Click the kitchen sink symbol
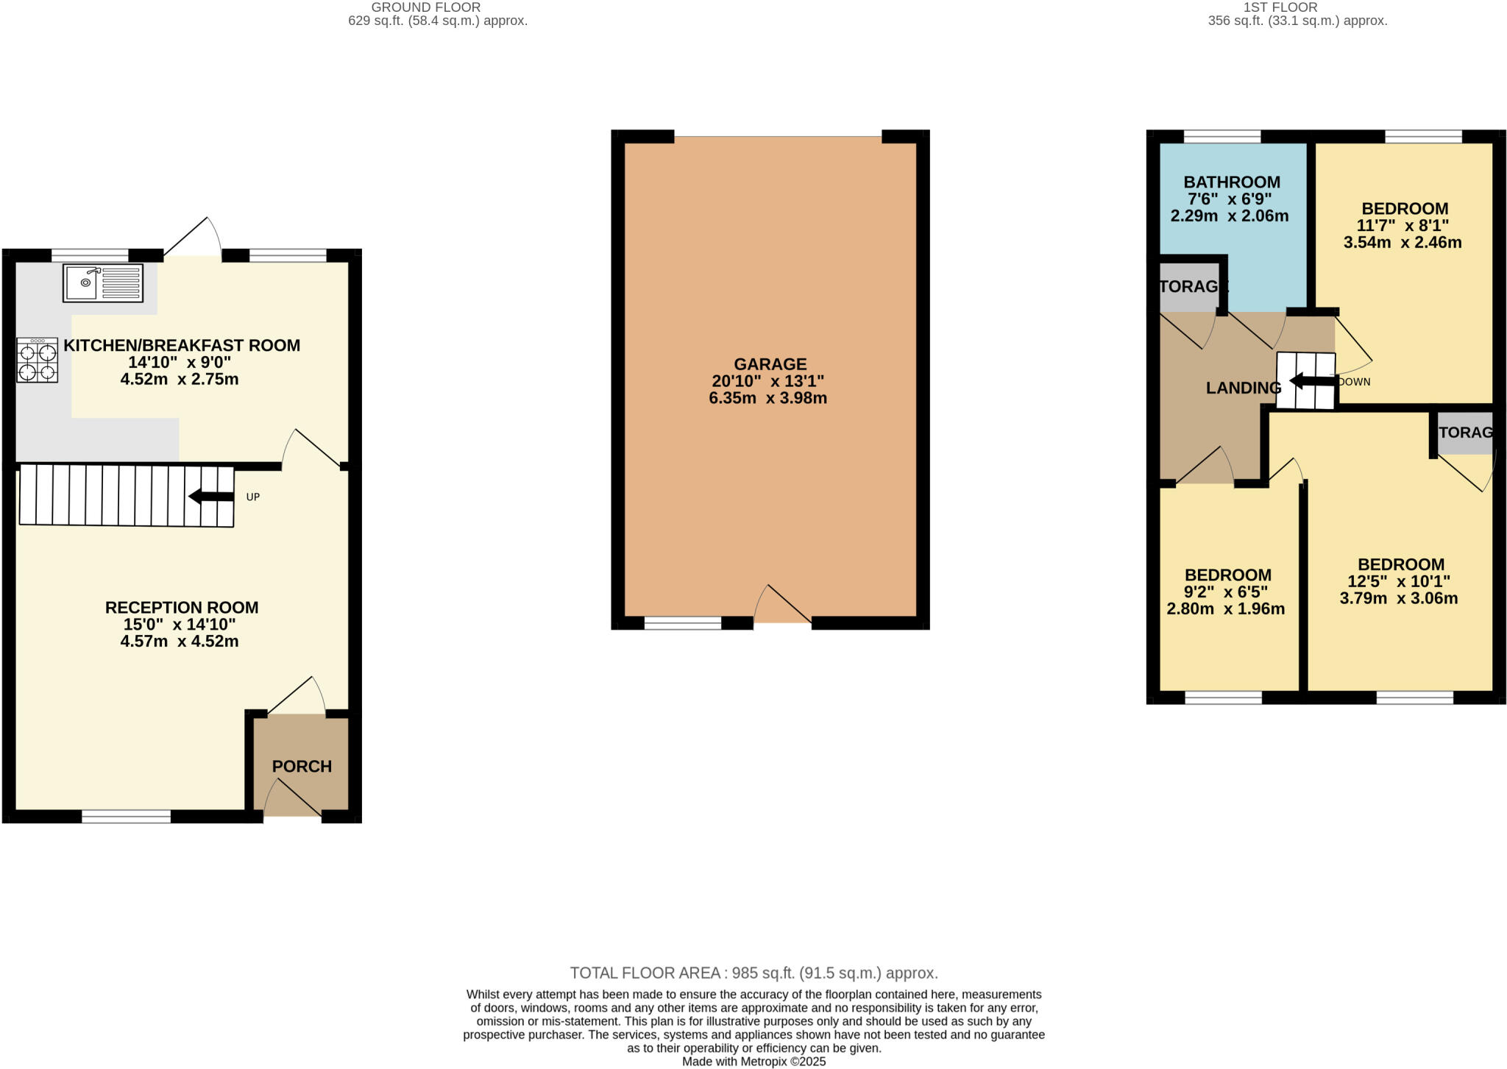tap(103, 283)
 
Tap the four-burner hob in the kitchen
tap(37, 361)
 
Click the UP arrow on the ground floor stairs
tap(212, 497)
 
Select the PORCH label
tap(302, 767)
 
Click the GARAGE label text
tap(770, 364)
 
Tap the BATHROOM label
tap(1232, 182)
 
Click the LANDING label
tap(1244, 388)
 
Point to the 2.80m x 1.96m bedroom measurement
tap(1225, 609)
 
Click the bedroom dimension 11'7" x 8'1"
tap(1403, 226)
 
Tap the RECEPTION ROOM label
tap(181, 608)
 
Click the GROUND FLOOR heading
tap(425, 7)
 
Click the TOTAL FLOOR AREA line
tap(753, 973)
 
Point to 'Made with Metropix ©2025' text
tap(753, 1062)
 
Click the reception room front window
tap(126, 816)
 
